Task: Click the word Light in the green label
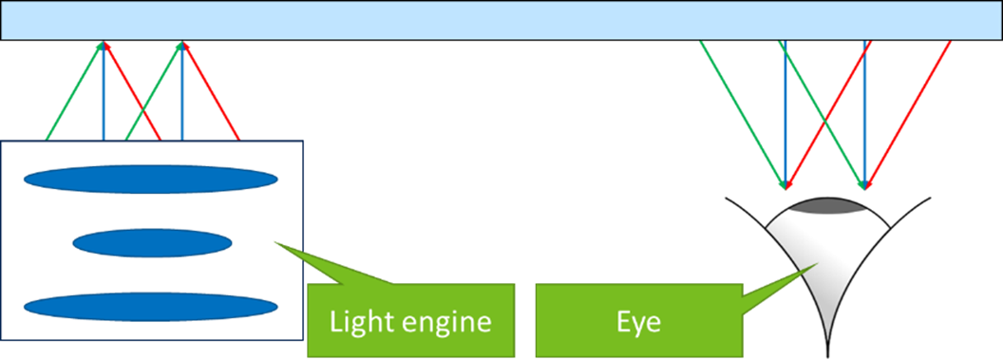click(x=356, y=321)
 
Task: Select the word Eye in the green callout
click(x=635, y=321)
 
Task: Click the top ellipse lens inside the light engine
click(x=150, y=180)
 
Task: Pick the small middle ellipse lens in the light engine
click(x=151, y=244)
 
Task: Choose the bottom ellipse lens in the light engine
click(x=150, y=307)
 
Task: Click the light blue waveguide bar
click(x=501, y=20)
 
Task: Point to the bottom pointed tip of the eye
click(x=829, y=336)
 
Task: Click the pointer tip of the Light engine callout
click(x=274, y=242)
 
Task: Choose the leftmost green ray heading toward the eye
click(x=741, y=109)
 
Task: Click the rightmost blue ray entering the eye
click(x=864, y=114)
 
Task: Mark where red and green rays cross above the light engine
click(x=142, y=118)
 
